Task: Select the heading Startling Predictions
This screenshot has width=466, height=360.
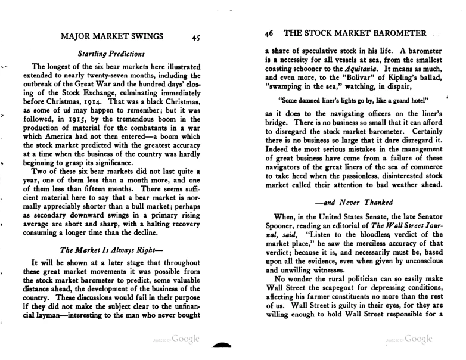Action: point(111,54)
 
